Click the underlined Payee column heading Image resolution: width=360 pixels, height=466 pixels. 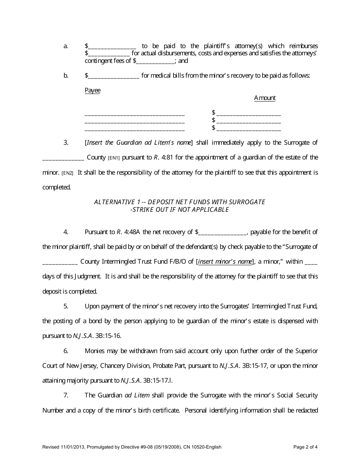pyautogui.click(x=92, y=91)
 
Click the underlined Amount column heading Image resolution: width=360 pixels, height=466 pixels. pyautogui.click(x=265, y=98)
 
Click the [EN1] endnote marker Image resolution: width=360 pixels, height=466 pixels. pyautogui.click(x=114, y=158)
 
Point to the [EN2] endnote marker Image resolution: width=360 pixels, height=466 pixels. pyautogui.click(x=67, y=173)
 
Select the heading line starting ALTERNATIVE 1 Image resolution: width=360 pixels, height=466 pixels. pyautogui.click(x=180, y=202)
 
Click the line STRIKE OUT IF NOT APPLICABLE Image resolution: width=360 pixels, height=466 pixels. pyautogui.click(x=180, y=210)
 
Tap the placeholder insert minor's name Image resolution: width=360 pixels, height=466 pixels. pyautogui.click(x=225, y=261)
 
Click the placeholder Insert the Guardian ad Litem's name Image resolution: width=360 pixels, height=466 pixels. pyautogui.click(x=139, y=143)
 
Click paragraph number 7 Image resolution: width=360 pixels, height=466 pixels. pyautogui.click(x=66, y=395)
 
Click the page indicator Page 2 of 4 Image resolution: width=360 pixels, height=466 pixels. pyautogui.click(x=305, y=447)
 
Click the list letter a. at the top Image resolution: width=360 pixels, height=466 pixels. pyautogui.click(x=66, y=46)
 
